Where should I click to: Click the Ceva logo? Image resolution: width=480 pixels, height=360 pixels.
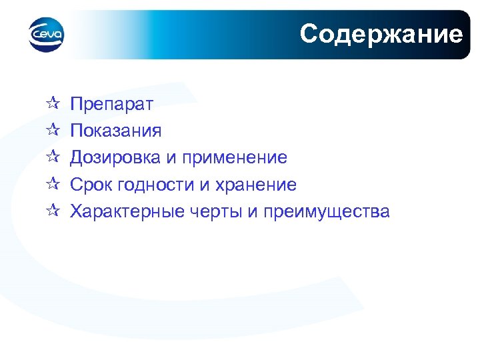click(47, 35)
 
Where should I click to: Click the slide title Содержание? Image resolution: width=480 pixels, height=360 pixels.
click(381, 33)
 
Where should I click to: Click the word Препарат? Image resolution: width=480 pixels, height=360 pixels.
click(112, 104)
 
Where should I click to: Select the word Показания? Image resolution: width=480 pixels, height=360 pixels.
click(116, 131)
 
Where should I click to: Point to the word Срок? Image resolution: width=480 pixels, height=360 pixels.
click(91, 185)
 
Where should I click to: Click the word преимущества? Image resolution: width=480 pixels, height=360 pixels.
click(327, 212)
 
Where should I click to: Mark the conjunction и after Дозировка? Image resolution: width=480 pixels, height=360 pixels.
click(171, 158)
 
